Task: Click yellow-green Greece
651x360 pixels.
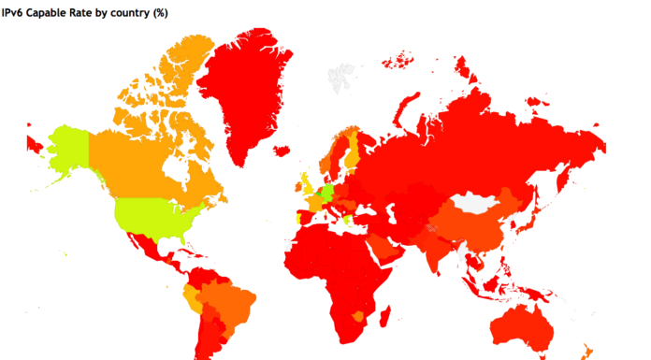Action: (x=348, y=221)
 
